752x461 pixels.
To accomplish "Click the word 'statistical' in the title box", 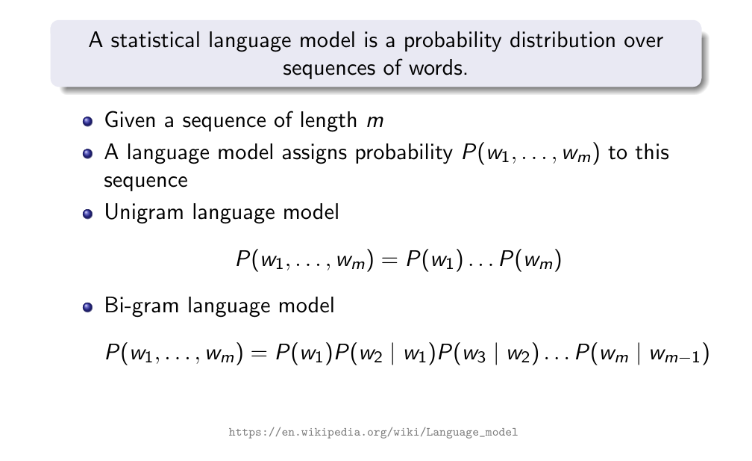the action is [155, 40].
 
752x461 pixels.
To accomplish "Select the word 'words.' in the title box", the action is [438, 68].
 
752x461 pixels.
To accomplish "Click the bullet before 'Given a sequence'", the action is [87, 121].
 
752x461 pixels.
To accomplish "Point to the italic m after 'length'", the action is [375, 121].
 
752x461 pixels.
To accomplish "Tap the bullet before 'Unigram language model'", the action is [87, 213].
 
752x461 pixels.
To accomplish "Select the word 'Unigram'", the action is [144, 213].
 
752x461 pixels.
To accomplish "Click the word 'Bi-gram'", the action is [142, 306].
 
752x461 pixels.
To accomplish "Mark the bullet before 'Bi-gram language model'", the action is [87, 307].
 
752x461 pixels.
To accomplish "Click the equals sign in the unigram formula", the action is [389, 261].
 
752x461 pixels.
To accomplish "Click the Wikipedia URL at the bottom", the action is [373, 432].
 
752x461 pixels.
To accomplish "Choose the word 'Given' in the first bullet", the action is [130, 120].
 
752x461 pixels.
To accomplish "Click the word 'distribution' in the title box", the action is [562, 40].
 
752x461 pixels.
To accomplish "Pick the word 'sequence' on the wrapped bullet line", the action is [145, 182].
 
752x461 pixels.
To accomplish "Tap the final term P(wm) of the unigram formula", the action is [530, 260].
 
